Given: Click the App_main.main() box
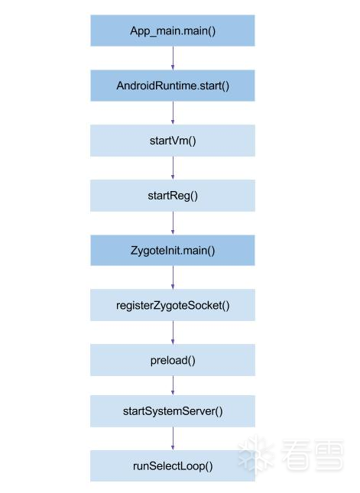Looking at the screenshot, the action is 173,31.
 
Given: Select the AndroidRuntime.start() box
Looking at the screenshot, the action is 173,86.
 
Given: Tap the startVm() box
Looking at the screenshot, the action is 173,141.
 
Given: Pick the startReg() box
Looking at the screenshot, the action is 173,196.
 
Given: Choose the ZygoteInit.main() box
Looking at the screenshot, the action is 173,250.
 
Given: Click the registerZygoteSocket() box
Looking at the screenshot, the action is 173,305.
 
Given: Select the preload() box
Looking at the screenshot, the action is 173,360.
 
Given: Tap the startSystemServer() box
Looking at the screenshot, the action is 173,411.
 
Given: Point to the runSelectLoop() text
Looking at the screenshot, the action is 173,466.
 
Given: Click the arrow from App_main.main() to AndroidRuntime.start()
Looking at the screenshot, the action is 173,58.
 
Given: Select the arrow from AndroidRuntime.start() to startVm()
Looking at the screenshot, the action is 173,113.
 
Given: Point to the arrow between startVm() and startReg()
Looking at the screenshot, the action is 173,168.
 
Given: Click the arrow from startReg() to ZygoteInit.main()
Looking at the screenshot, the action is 173,223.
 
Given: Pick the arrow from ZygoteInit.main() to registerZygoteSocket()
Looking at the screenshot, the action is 173,277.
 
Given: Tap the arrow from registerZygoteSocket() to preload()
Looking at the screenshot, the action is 173,332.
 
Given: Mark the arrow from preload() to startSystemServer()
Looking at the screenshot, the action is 173,385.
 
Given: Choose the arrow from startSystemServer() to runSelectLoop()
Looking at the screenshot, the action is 173,439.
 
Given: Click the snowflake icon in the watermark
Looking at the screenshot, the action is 256,454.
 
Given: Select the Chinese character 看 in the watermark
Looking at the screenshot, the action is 294,455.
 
